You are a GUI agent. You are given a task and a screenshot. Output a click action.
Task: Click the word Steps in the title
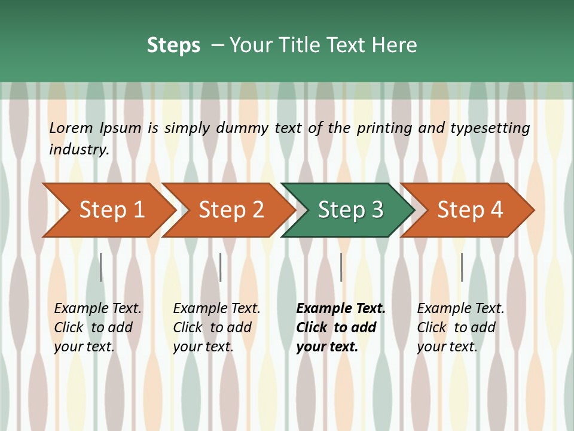(x=173, y=45)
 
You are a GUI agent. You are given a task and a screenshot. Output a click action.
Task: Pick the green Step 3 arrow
(x=350, y=210)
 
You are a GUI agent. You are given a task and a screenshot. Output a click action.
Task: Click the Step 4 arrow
(x=470, y=210)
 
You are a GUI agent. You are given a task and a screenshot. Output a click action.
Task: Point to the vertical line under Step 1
(x=101, y=267)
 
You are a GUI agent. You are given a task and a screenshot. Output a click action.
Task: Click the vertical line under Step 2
(x=221, y=267)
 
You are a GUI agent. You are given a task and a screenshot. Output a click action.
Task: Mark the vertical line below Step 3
(x=341, y=267)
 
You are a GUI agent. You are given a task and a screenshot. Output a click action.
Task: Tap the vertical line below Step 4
(x=462, y=267)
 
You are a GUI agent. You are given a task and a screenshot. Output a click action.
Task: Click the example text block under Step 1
(x=97, y=327)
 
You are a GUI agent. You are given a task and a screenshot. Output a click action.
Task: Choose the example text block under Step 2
(x=216, y=327)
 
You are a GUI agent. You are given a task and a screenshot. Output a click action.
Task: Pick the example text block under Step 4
(x=460, y=327)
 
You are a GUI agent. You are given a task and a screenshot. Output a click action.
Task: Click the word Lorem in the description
(x=71, y=128)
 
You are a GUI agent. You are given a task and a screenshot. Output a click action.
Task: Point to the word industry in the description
(x=78, y=150)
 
